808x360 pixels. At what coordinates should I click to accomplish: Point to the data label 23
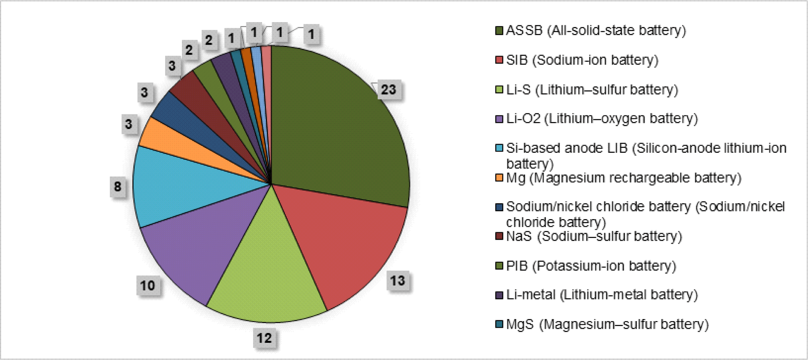pos(388,90)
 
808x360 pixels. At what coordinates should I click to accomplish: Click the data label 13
pos(397,281)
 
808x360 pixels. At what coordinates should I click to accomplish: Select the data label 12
pos(264,338)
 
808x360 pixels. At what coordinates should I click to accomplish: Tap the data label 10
pos(148,285)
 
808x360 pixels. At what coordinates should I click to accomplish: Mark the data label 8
pos(118,187)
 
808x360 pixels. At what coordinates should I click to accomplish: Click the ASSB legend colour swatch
pos(499,31)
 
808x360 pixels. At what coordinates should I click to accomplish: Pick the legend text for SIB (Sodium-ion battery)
pos(582,60)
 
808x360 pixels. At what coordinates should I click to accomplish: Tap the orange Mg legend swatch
pos(499,178)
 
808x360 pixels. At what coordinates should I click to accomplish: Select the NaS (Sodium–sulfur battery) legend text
pos(594,236)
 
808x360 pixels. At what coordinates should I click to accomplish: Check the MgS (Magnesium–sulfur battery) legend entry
pos(607,324)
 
